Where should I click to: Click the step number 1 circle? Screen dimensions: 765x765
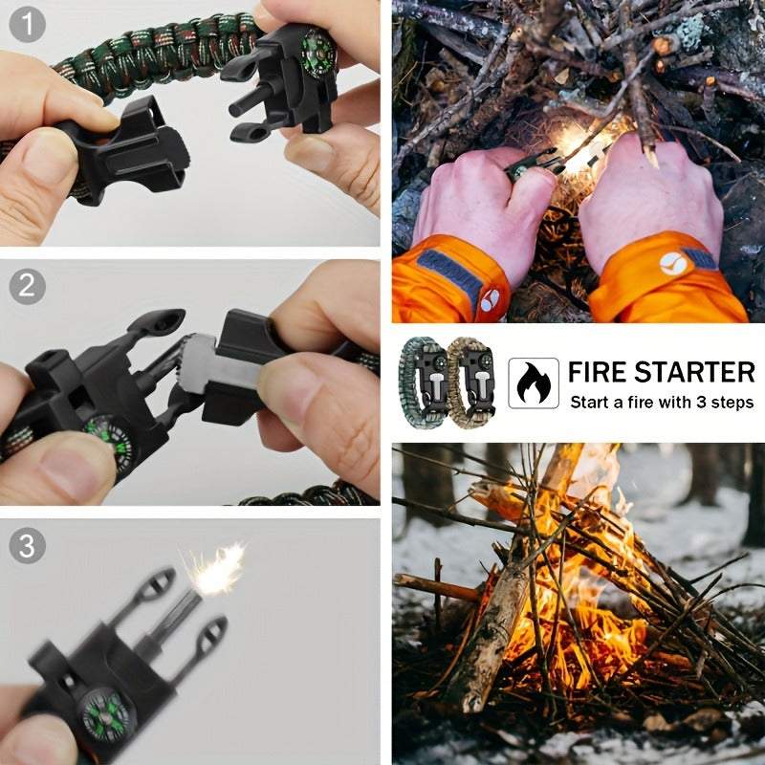pos(28,24)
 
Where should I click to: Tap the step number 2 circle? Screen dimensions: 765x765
pos(28,286)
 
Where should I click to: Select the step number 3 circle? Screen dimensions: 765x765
pos(28,545)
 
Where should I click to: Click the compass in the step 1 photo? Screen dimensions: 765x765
pos(318,53)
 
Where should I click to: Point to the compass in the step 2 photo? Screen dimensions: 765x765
pos(111,442)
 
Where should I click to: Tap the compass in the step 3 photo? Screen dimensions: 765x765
pos(106,714)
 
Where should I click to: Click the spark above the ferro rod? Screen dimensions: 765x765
pos(214,568)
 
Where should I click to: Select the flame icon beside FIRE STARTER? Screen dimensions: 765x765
pos(534,383)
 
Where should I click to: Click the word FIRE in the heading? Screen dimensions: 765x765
pos(599,372)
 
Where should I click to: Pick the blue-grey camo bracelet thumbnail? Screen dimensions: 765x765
pos(423,383)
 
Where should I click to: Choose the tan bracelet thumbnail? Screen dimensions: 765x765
pos(470,383)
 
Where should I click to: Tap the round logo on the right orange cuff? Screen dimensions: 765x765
pos(673,264)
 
